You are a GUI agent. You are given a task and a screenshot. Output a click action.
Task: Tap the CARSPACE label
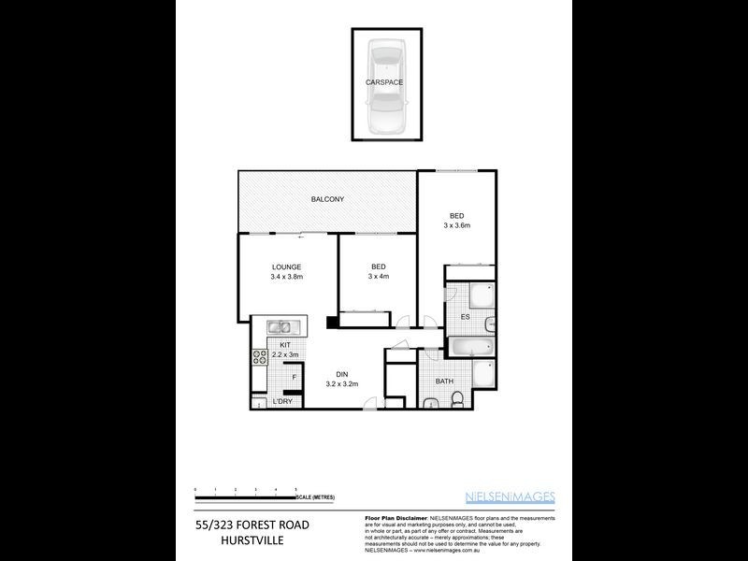[x=385, y=82]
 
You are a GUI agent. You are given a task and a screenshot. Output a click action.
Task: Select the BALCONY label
[x=327, y=199]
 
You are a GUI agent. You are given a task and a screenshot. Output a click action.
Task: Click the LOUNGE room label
[x=286, y=266]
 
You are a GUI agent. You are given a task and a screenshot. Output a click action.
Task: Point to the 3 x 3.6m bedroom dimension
[x=456, y=225]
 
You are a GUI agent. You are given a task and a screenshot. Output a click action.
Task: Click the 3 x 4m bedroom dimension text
[x=378, y=277]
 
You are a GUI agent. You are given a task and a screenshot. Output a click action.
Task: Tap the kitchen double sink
[x=281, y=327]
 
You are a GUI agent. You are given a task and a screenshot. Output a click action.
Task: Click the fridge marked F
[x=295, y=378]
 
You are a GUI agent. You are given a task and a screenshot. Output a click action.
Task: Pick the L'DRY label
[x=281, y=402]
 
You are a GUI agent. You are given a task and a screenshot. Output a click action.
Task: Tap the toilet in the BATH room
[x=456, y=399]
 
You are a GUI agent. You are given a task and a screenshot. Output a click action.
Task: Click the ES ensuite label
[x=465, y=317]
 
